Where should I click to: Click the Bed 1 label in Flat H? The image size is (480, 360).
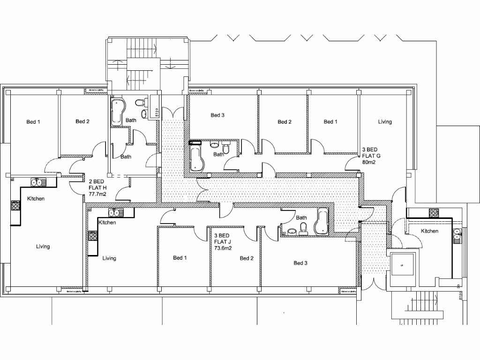(x=33, y=122)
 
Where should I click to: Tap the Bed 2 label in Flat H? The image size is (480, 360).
(x=82, y=121)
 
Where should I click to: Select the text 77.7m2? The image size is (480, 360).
(x=97, y=194)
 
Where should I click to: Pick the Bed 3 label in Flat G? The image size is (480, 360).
(x=218, y=115)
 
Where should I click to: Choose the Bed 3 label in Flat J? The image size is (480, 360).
(x=300, y=263)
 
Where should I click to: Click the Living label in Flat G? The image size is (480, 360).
(x=385, y=122)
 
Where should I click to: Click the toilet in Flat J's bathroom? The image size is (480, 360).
(x=303, y=228)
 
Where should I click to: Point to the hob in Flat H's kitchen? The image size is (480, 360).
(x=15, y=205)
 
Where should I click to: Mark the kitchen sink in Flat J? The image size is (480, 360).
(x=114, y=212)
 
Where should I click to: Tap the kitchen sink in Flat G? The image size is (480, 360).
(x=457, y=234)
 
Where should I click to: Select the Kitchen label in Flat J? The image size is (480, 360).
(x=107, y=223)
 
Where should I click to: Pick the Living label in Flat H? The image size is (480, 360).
(x=43, y=247)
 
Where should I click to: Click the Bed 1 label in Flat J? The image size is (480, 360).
(x=180, y=258)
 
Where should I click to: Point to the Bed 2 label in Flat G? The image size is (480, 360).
(x=285, y=122)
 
